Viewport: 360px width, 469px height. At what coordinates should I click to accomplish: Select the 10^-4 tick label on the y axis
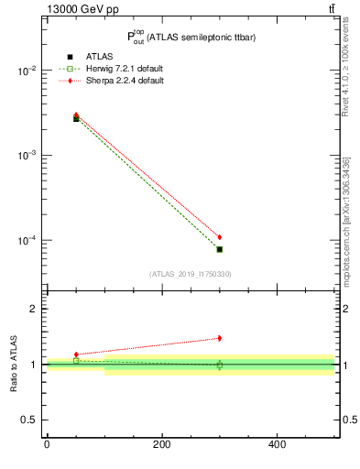tap(27, 241)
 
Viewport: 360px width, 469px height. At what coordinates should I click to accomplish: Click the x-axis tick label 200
tap(161, 444)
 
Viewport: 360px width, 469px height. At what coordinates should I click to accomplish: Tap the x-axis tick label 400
tap(277, 444)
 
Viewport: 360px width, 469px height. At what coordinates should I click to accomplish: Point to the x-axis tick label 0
tap(47, 444)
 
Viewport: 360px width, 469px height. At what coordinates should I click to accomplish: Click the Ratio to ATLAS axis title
tap(15, 364)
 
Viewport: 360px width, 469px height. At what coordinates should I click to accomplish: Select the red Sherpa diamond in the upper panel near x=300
tap(219, 237)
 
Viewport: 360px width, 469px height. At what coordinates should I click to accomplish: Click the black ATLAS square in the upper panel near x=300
tap(219, 249)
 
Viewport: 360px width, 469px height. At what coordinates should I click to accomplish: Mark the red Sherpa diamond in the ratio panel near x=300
tap(219, 338)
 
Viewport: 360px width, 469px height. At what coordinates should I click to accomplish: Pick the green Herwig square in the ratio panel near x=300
tap(219, 365)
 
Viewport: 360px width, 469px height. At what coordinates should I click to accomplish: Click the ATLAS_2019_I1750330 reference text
tap(191, 274)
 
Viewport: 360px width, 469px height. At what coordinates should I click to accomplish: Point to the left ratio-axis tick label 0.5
tap(28, 420)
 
